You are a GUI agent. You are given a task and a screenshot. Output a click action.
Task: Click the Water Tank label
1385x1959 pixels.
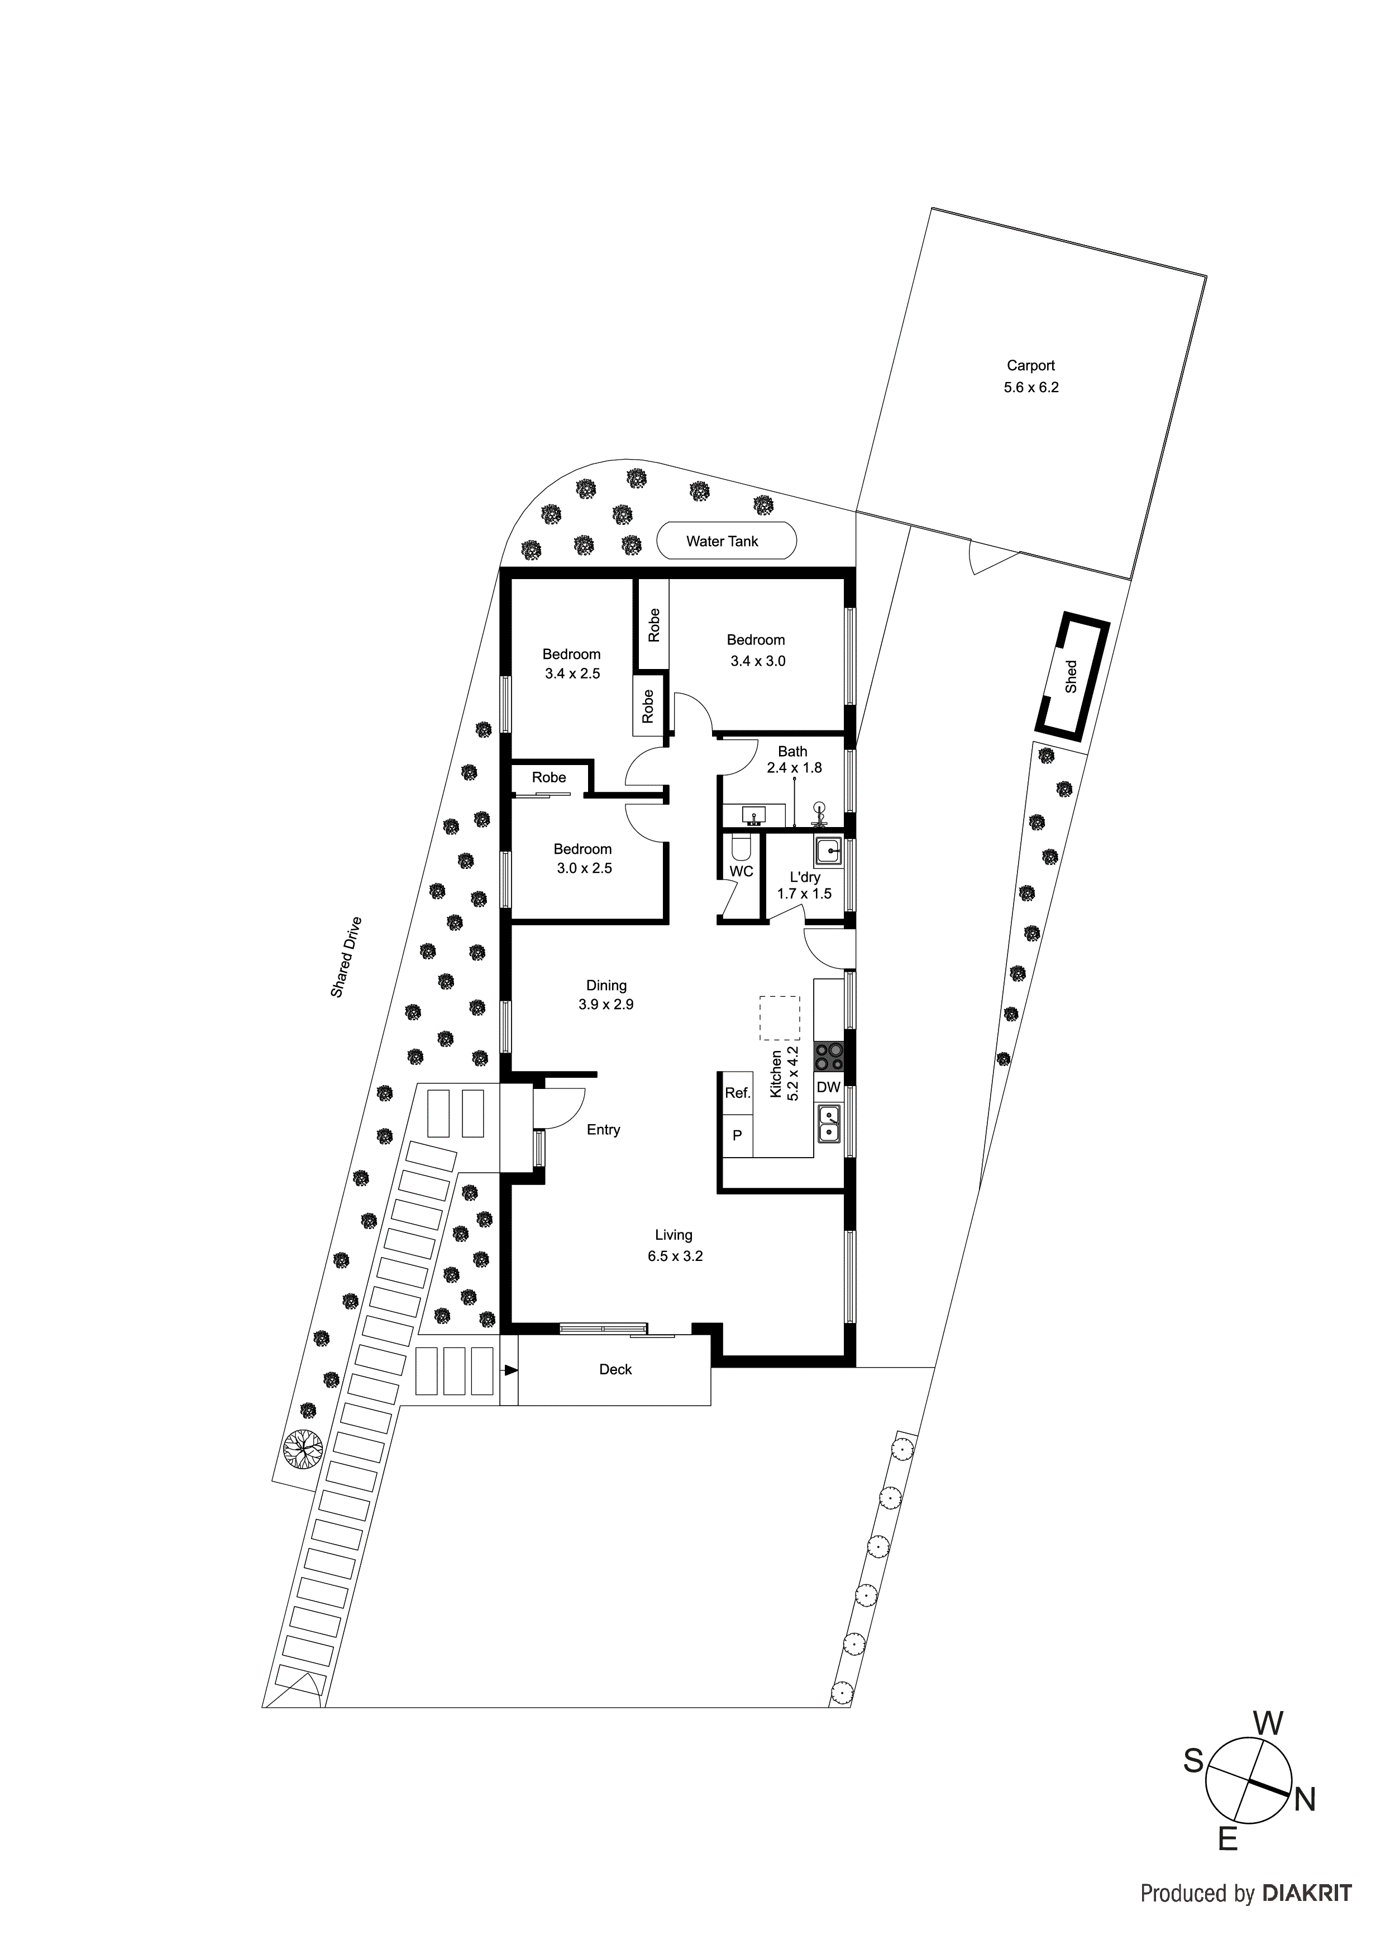pyautogui.click(x=722, y=541)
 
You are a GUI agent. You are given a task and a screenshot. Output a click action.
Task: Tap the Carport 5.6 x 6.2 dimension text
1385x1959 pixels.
pyautogui.click(x=1031, y=388)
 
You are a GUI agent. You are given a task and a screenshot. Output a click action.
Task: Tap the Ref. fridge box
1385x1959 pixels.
pyautogui.click(x=737, y=1093)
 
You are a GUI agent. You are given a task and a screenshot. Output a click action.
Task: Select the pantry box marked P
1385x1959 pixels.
pyautogui.click(x=737, y=1136)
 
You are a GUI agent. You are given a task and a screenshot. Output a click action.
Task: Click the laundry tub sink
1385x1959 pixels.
pyautogui.click(x=828, y=852)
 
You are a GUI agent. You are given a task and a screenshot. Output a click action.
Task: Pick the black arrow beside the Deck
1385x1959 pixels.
pyautogui.click(x=510, y=1370)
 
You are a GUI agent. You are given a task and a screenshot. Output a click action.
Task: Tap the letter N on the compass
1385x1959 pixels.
pyautogui.click(x=1305, y=1800)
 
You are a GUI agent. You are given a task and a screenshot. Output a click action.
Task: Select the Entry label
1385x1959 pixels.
pyautogui.click(x=603, y=1130)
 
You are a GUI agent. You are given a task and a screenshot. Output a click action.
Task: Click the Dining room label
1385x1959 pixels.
pyautogui.click(x=606, y=986)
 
